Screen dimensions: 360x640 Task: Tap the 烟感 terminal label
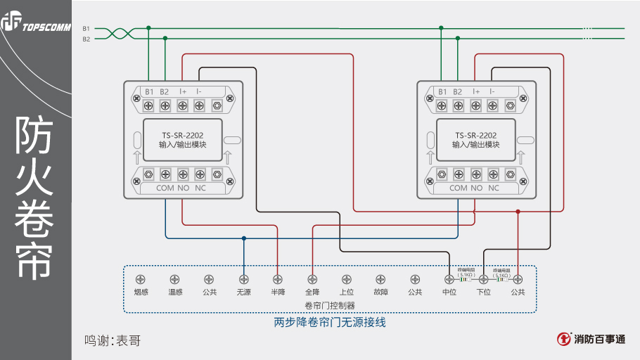[x=141, y=292]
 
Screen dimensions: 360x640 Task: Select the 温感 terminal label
[x=175, y=292]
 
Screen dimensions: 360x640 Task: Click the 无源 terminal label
[x=243, y=292]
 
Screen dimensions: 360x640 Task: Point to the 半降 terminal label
[x=278, y=292]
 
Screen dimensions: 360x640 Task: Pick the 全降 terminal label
[x=312, y=292]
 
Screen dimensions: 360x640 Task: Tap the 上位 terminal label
[x=346, y=292]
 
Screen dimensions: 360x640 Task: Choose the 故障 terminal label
[x=380, y=292]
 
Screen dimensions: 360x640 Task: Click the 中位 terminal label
[x=449, y=292]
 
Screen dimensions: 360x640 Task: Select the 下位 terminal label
[x=484, y=292]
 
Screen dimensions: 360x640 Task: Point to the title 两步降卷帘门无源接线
[x=329, y=323]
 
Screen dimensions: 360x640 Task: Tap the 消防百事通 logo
[x=591, y=339]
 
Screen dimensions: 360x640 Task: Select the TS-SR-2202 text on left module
[x=182, y=135]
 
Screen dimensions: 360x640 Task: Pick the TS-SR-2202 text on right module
[x=475, y=135]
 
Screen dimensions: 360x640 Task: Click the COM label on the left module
[x=165, y=188]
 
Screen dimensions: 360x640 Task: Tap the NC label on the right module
[x=494, y=188]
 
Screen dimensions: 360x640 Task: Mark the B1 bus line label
[x=86, y=28]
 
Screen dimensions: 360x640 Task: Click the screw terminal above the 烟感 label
[x=141, y=279]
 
